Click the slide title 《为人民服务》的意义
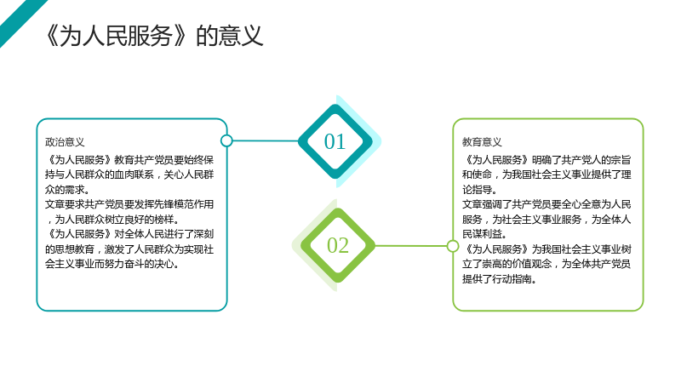coord(154,36)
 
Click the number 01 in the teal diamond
coord(335,141)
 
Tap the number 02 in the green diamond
coord(338,245)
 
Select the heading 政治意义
coord(65,142)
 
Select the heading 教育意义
coord(482,142)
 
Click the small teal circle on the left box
coord(226,140)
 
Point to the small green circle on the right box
coord(453,246)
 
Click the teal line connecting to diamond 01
coord(266,140)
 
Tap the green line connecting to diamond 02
coord(411,246)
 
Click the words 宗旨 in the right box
coord(621,160)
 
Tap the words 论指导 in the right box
coord(477,189)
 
